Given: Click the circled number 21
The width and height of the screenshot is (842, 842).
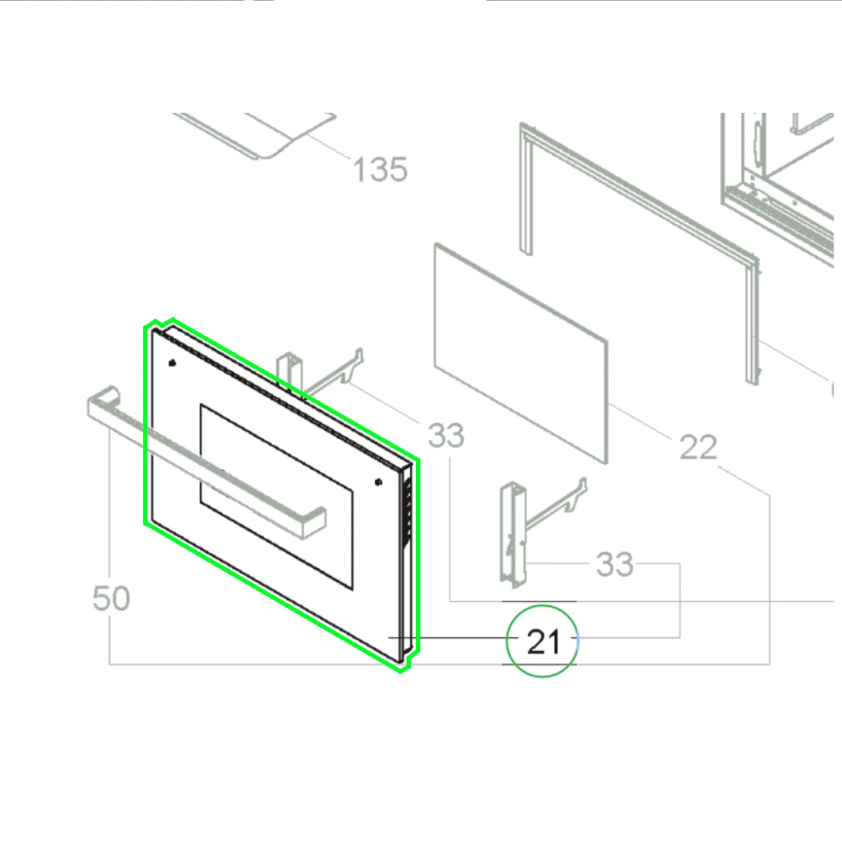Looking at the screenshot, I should coord(543,642).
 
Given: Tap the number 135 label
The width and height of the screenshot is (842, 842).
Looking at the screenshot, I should coord(380,170).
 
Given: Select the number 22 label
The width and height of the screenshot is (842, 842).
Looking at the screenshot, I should coord(698,448).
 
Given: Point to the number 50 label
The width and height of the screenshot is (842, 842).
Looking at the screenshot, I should coord(111,600).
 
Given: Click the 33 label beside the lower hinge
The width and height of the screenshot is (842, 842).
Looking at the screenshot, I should coord(615,564).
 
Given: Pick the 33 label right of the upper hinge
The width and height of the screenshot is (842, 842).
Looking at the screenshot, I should coord(446,436).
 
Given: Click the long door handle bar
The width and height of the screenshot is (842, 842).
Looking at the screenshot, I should coord(210,463).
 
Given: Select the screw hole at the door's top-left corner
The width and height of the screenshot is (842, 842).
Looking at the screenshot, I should coord(173,364).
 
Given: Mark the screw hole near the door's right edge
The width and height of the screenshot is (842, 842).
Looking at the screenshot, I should coord(376,482).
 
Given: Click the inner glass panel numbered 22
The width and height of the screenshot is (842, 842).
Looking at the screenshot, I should coord(520,354).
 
